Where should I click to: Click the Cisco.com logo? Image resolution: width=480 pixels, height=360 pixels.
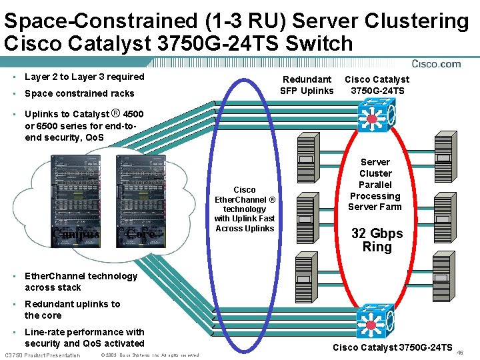436,64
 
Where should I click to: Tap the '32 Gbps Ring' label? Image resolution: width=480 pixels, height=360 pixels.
377,240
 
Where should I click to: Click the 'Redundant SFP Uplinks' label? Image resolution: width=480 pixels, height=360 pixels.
307,85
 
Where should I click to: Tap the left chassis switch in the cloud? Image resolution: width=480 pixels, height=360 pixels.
75,200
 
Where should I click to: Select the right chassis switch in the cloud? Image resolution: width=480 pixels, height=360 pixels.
140,200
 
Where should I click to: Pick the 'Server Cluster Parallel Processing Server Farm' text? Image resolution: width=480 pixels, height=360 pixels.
375,184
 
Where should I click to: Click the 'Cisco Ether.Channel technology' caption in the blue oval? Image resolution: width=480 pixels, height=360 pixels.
244,209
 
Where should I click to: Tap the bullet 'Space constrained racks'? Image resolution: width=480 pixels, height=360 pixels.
79,94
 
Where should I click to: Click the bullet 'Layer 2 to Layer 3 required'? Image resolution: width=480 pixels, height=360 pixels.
84,77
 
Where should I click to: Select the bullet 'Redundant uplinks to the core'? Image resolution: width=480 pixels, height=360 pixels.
72,309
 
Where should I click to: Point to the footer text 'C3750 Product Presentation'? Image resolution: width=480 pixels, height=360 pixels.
42,355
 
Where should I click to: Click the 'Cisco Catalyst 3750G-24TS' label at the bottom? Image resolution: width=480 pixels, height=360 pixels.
393,347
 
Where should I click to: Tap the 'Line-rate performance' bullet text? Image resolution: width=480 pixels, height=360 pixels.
84,337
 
